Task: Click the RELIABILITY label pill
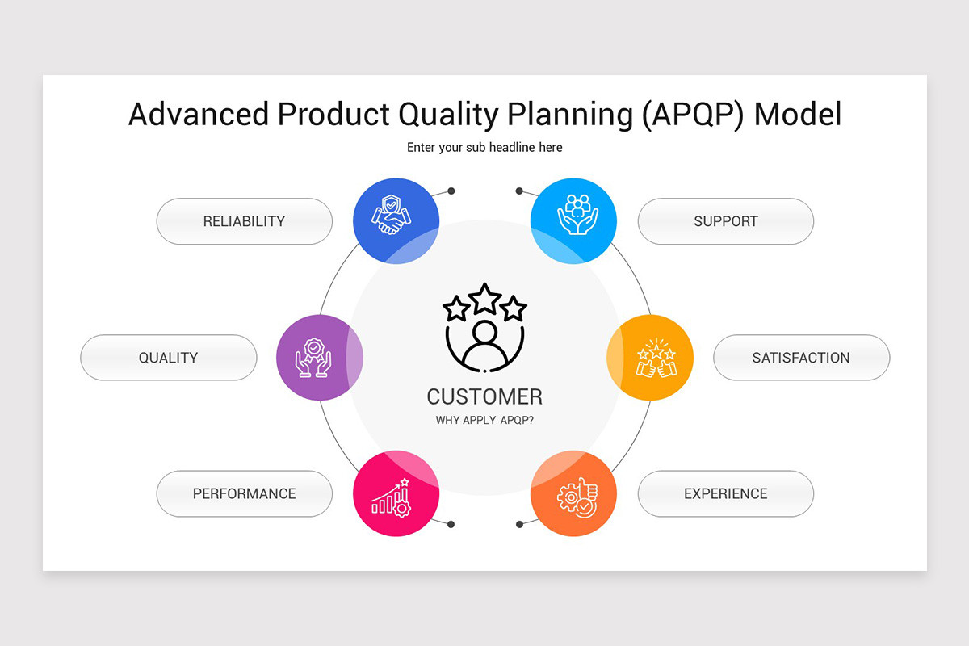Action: click(x=244, y=221)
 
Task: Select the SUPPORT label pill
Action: click(x=725, y=221)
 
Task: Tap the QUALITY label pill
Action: click(x=168, y=358)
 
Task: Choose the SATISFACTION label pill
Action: click(x=801, y=358)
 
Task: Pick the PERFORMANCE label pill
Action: click(x=244, y=493)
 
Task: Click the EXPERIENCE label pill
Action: click(x=725, y=493)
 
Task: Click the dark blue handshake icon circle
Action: click(x=396, y=220)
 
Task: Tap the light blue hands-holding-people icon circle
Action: click(x=573, y=220)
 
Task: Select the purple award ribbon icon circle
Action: click(x=318, y=357)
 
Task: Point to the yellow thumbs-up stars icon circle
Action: click(x=651, y=357)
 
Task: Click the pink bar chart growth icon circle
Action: click(x=396, y=493)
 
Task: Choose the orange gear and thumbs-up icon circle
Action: click(x=573, y=493)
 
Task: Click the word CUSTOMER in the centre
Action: click(x=484, y=396)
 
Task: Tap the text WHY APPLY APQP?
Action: click(x=484, y=421)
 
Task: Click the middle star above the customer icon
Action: click(x=484, y=299)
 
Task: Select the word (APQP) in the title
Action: click(x=693, y=114)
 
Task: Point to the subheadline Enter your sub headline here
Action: click(x=484, y=148)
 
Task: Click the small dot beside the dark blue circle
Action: click(x=451, y=191)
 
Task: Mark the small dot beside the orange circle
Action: click(x=519, y=524)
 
